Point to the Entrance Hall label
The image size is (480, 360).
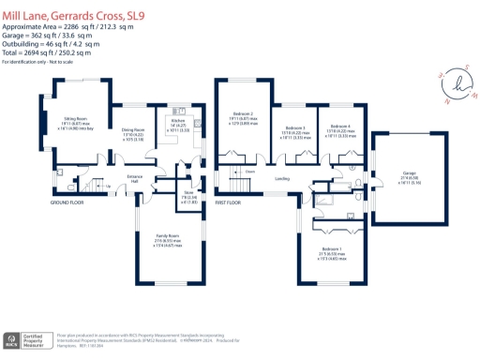134,177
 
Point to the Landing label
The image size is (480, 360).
280,176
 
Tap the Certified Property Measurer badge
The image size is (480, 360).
34,339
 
